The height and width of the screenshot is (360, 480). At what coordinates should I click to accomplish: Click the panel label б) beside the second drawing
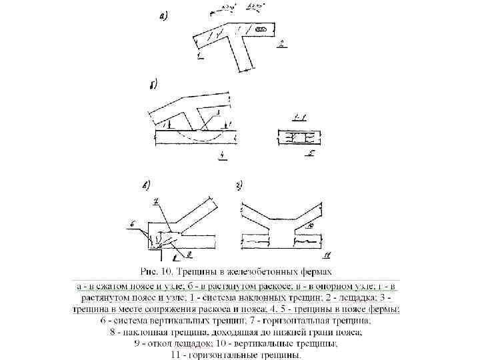tap(153, 86)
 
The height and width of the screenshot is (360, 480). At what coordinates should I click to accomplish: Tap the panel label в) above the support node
tap(145, 184)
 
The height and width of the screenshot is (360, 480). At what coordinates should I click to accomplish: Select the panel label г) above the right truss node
tap(241, 185)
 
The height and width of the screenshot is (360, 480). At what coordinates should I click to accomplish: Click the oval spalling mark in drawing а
tap(263, 31)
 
